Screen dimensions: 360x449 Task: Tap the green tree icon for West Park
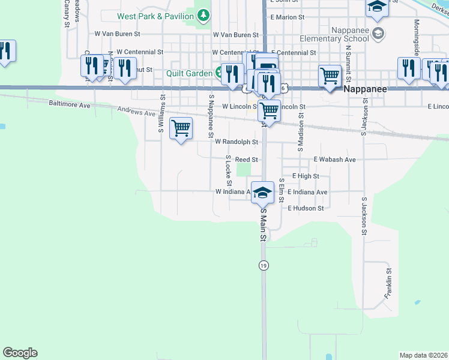pyautogui.click(x=204, y=14)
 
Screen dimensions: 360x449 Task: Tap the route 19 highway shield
pyautogui.click(x=264, y=265)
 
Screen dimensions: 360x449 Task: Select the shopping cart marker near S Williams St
pyautogui.click(x=181, y=128)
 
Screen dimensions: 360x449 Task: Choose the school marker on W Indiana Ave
pyautogui.click(x=262, y=191)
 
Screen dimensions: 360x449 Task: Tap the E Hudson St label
pyautogui.click(x=306, y=208)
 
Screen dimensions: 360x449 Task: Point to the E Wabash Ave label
pyautogui.click(x=335, y=160)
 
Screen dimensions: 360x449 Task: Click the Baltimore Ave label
pyautogui.click(x=69, y=104)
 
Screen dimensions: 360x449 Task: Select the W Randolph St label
pyautogui.click(x=237, y=142)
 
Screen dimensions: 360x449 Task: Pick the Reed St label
pyautogui.click(x=246, y=160)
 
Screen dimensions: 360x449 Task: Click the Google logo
pyautogui.click(x=20, y=353)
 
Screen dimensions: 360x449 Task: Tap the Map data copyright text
pyautogui.click(x=424, y=355)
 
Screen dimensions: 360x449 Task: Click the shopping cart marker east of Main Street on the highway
pyautogui.click(x=330, y=76)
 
